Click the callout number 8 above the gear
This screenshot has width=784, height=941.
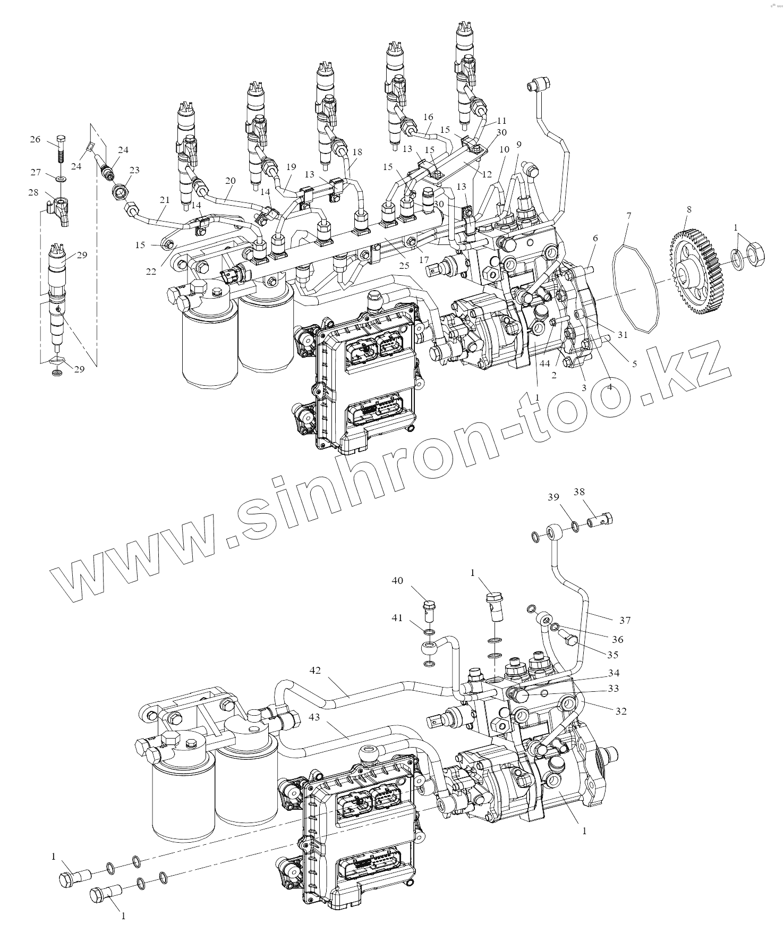click(689, 209)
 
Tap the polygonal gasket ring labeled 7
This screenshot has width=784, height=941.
click(636, 290)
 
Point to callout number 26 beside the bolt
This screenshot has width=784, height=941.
click(35, 139)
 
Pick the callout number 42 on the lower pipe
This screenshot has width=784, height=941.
click(315, 671)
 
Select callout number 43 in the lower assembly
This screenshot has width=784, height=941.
click(315, 717)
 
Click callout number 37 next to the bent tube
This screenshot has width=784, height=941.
click(625, 620)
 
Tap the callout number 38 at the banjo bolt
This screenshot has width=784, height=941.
click(578, 493)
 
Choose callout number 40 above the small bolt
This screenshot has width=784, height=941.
click(397, 581)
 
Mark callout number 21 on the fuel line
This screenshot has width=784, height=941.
click(165, 200)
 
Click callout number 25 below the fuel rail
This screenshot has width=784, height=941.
click(404, 266)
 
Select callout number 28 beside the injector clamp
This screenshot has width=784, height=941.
click(33, 192)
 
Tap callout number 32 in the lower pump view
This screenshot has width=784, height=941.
click(620, 711)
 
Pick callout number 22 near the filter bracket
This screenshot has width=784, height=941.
click(151, 272)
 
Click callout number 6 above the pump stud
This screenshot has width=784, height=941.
click(595, 239)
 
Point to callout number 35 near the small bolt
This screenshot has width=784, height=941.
click(613, 655)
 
